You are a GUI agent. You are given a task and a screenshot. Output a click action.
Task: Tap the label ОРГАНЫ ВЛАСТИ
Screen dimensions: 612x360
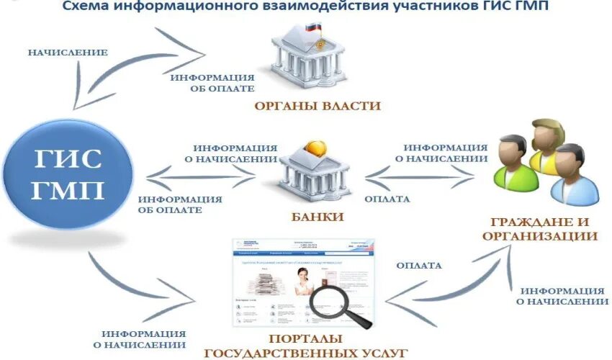pyautogui.click(x=318, y=106)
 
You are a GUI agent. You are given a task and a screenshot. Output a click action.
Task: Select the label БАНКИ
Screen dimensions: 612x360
pyautogui.click(x=317, y=216)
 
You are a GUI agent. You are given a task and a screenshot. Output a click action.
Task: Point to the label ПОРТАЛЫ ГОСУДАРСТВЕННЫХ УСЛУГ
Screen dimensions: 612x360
pyautogui.click(x=307, y=346)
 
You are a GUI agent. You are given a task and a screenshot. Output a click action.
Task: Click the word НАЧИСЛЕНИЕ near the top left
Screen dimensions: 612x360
pyautogui.click(x=68, y=53)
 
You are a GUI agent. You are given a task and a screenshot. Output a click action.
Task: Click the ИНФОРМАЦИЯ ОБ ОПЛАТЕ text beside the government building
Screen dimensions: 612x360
pyautogui.click(x=210, y=83)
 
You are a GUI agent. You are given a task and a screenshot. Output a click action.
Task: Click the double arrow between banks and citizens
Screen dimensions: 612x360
pyautogui.click(x=425, y=174)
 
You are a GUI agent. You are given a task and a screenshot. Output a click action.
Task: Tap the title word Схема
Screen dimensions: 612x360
pyautogui.click(x=88, y=6)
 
